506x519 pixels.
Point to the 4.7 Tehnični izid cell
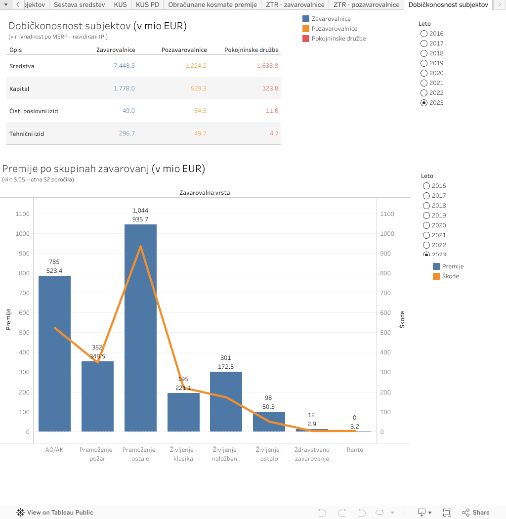tap(274, 133)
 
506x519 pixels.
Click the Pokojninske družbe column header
tap(251, 50)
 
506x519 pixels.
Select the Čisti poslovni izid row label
tap(34, 111)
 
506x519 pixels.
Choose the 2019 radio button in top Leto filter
tap(424, 63)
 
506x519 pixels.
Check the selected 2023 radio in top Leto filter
tap(424, 103)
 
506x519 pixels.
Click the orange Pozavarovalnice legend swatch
tap(306, 29)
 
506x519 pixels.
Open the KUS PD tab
tap(147, 5)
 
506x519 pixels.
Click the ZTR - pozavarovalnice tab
tap(366, 5)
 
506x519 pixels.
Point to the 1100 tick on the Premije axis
tap(23, 214)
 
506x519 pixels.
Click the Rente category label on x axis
tap(355, 450)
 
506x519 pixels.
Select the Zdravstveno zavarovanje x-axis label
tap(311, 454)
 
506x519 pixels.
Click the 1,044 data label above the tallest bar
tap(140, 211)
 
